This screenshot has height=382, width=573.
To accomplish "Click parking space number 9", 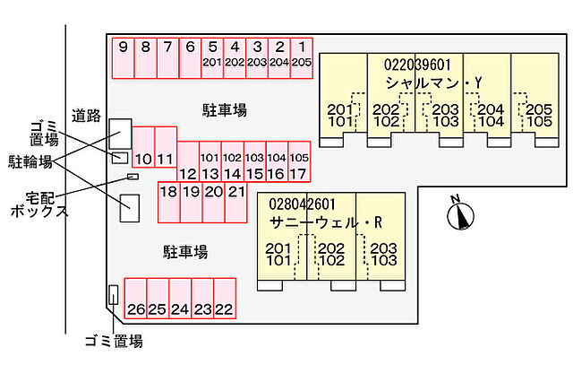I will [x=122, y=56].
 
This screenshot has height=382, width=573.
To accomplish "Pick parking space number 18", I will [x=167, y=201].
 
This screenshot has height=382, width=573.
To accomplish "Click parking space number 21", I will [x=235, y=201].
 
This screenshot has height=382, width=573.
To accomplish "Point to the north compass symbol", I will [x=462, y=213].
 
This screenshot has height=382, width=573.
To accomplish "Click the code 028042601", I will [x=301, y=204].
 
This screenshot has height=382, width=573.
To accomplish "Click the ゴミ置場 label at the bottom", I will [x=113, y=341].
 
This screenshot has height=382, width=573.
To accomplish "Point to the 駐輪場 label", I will [x=30, y=161].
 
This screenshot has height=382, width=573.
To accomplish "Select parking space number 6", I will [x=189, y=56].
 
